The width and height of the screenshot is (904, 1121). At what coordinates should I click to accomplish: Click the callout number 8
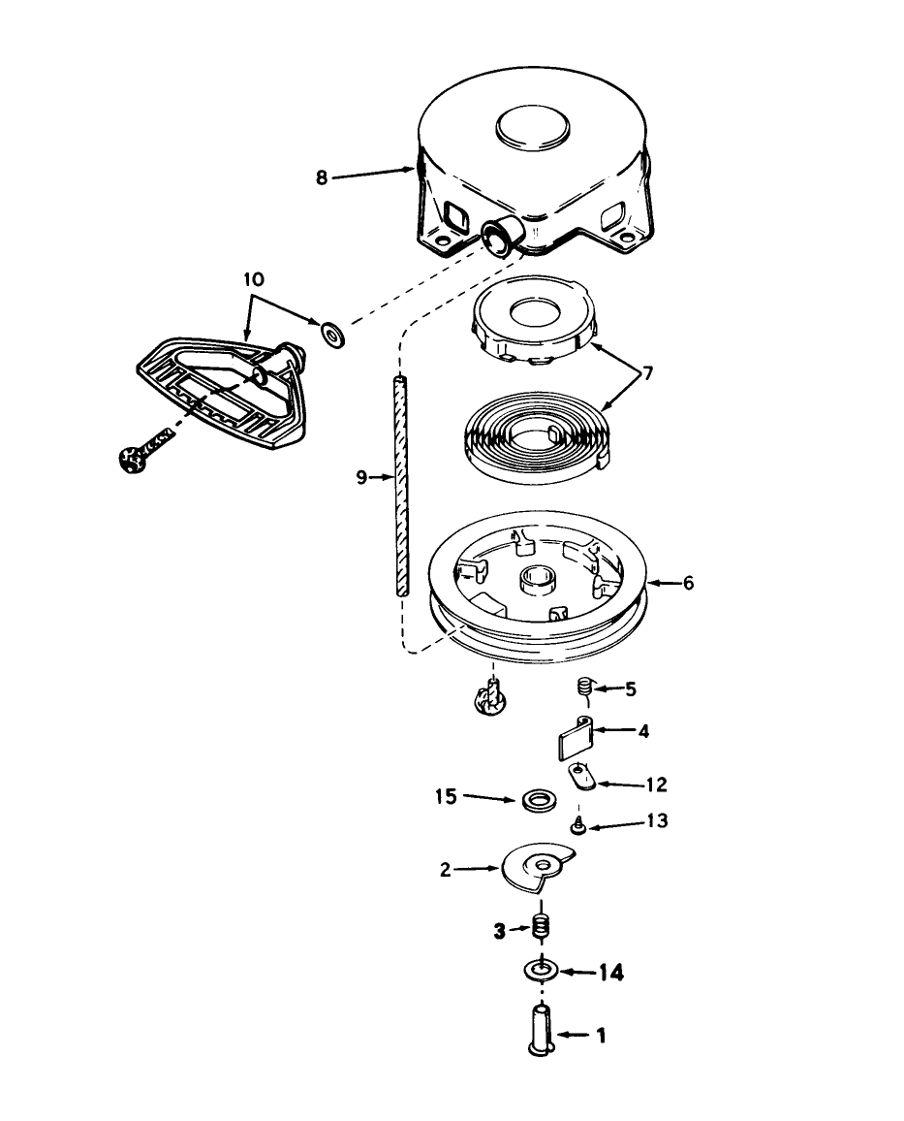[322, 177]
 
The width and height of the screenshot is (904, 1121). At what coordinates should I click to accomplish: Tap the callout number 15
[447, 796]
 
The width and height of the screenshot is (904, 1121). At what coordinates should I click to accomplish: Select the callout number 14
[610, 973]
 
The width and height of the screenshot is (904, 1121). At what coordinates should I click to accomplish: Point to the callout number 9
[361, 477]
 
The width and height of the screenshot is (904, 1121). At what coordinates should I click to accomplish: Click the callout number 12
[656, 785]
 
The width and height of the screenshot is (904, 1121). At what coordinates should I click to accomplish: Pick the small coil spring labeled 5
[585, 689]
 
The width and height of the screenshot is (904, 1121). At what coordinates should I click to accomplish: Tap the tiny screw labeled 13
[578, 826]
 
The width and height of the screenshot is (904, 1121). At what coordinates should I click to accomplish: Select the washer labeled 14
[542, 972]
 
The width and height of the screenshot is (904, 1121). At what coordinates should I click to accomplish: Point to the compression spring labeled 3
[542, 929]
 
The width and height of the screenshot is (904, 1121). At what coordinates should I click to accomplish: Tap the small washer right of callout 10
[332, 334]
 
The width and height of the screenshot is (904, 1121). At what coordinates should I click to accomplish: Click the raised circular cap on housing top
[533, 129]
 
